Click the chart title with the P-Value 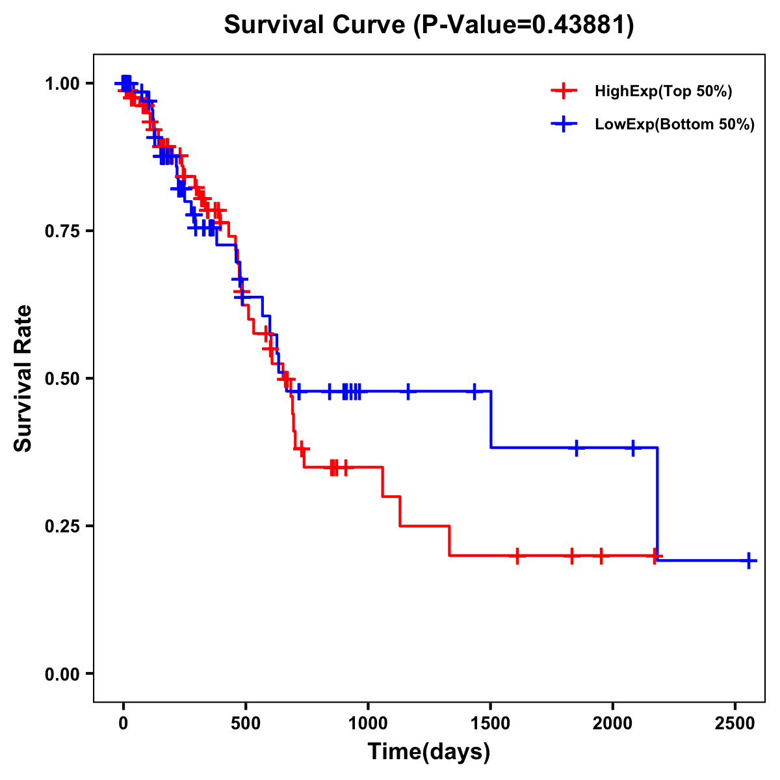pyautogui.click(x=429, y=25)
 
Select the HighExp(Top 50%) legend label pyautogui.click(x=664, y=92)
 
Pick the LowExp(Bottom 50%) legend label pyautogui.click(x=675, y=125)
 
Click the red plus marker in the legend pyautogui.click(x=564, y=91)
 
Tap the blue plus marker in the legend pyautogui.click(x=564, y=124)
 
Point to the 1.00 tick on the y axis pyautogui.click(x=62, y=84)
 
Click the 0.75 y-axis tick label pyautogui.click(x=62, y=231)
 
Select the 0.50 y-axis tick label pyautogui.click(x=62, y=379)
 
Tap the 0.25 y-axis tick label pyautogui.click(x=62, y=526)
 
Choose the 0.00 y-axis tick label pyautogui.click(x=62, y=674)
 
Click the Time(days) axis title pyautogui.click(x=429, y=752)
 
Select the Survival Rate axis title pyautogui.click(x=23, y=378)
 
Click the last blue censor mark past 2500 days pyautogui.click(x=749, y=560)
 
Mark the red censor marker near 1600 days pyautogui.click(x=517, y=556)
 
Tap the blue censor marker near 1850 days pyautogui.click(x=576, y=448)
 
